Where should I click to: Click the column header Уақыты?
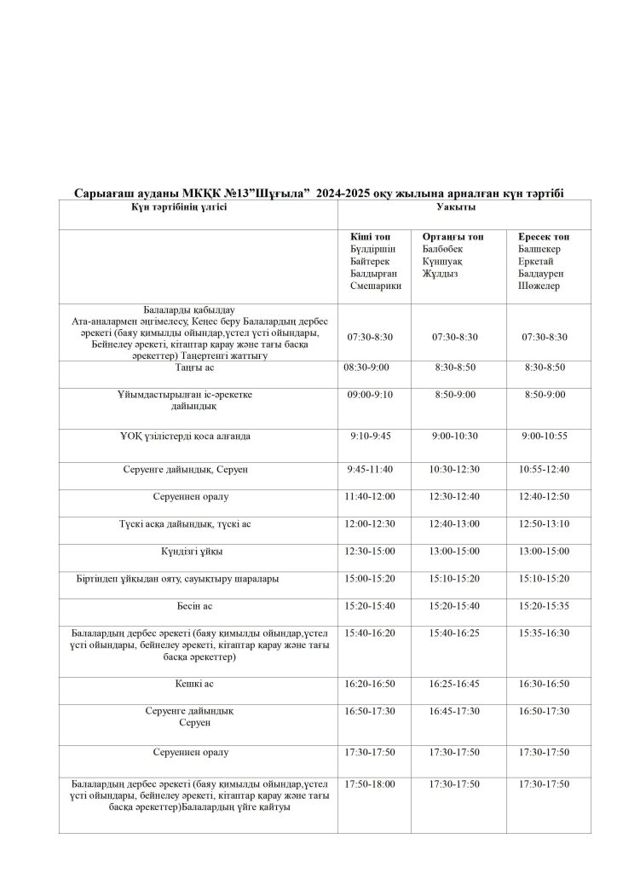click(455, 207)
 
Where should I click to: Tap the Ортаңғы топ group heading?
click(453, 236)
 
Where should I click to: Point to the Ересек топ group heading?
click(544, 236)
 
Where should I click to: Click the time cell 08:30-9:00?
click(366, 367)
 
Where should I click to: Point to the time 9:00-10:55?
click(543, 436)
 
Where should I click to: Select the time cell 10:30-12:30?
click(455, 470)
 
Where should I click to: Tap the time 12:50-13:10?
click(543, 524)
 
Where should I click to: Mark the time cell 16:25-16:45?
click(455, 684)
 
